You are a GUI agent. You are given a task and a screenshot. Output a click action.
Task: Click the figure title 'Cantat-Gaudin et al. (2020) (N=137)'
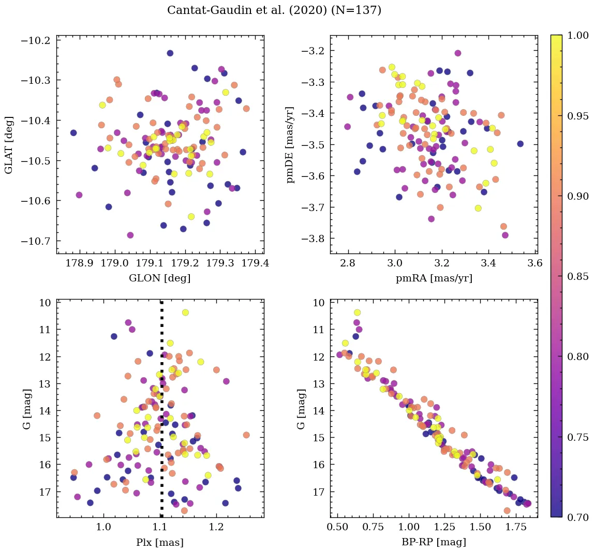click(274, 10)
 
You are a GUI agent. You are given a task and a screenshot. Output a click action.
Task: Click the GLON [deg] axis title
click(160, 278)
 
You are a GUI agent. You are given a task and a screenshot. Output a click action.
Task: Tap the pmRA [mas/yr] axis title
click(434, 278)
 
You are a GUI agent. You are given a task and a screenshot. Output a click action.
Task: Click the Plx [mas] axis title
click(160, 542)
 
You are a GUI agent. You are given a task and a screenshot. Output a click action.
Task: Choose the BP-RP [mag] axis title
click(434, 542)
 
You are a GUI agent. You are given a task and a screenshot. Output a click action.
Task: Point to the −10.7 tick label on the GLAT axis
click(36, 241)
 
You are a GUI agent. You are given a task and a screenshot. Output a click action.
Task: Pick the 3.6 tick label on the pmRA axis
click(535, 263)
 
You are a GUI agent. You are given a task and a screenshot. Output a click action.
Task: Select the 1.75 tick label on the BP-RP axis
click(517, 529)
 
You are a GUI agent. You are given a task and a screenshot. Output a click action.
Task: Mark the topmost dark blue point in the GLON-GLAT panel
click(170, 53)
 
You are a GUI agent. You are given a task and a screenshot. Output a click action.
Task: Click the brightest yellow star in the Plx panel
click(185, 312)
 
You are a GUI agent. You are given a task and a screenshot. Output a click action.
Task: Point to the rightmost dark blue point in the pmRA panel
click(520, 144)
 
